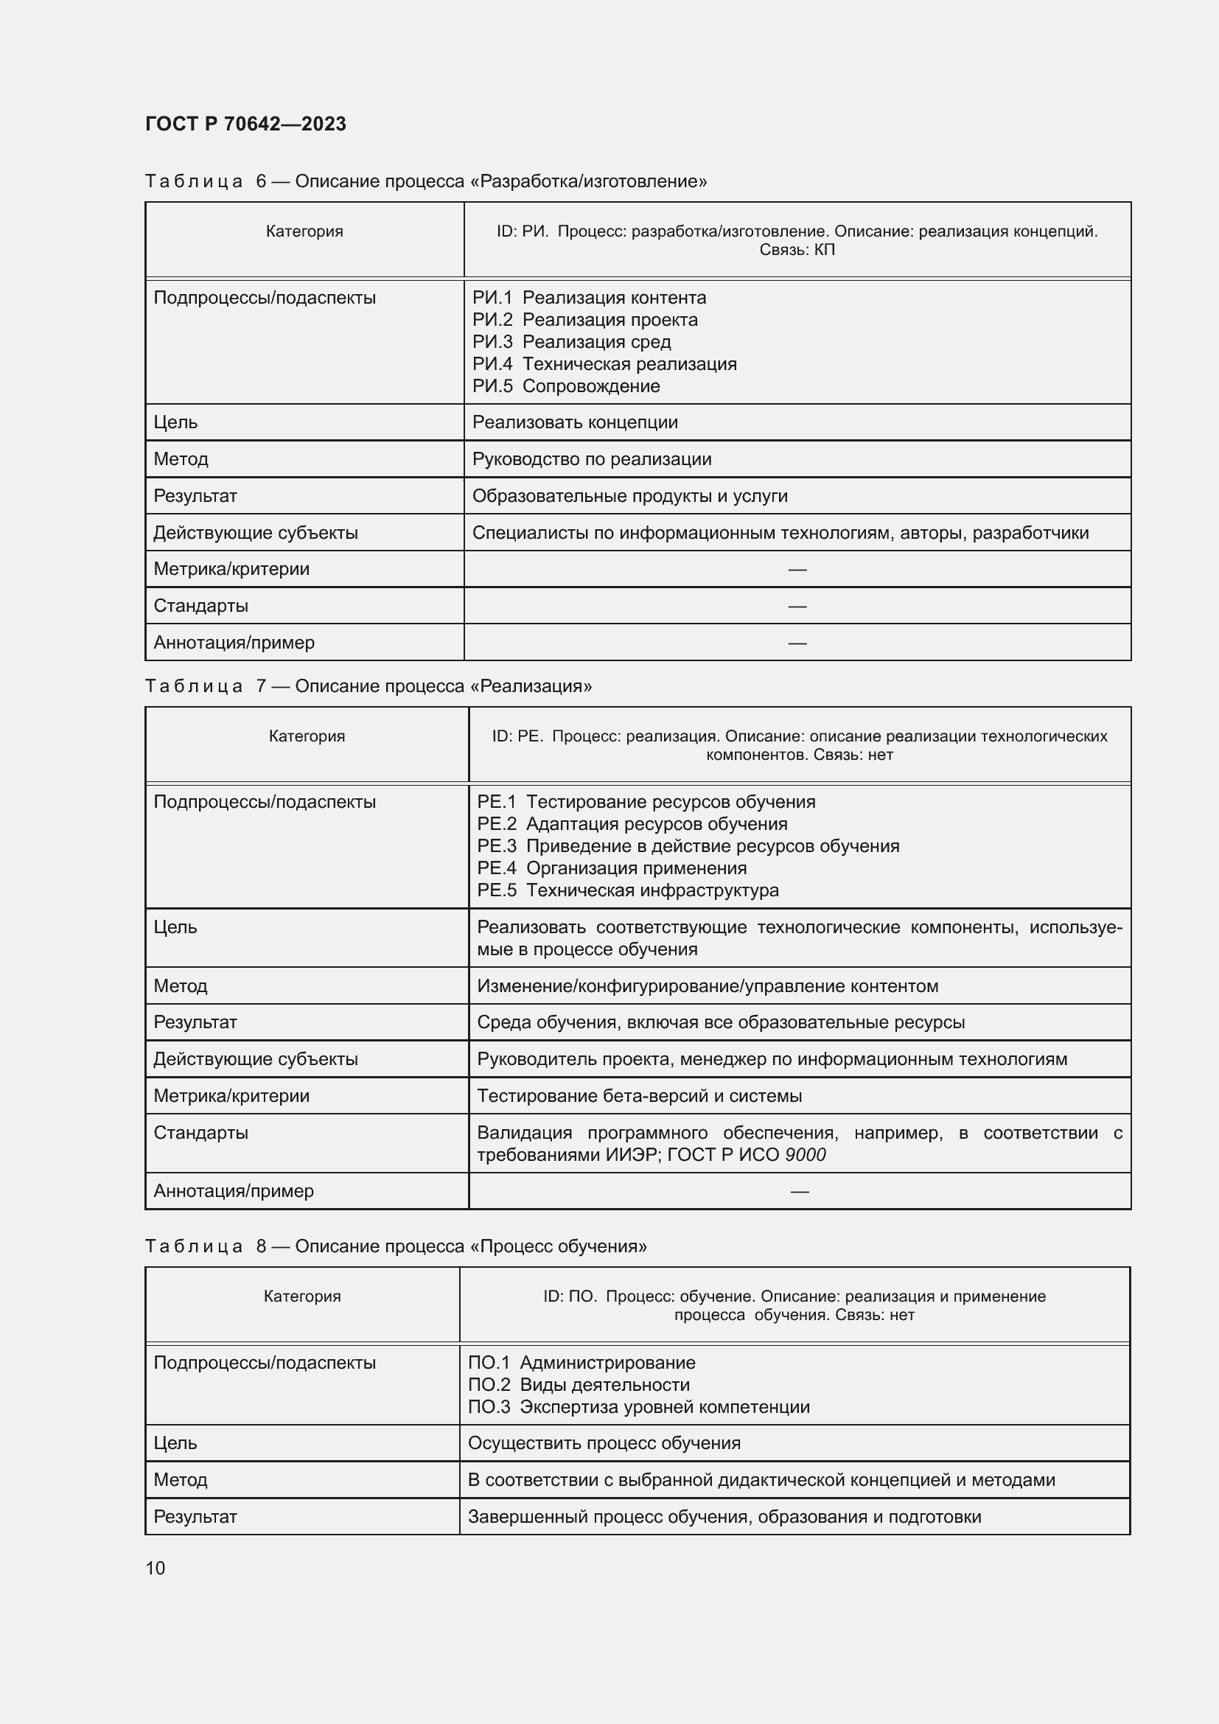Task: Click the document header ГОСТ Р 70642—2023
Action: click(245, 124)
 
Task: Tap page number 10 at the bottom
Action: click(156, 1568)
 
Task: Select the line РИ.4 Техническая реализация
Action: click(604, 364)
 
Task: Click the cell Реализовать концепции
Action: click(575, 422)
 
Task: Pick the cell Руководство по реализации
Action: click(592, 458)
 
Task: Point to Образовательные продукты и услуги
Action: click(629, 495)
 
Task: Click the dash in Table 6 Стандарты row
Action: click(797, 606)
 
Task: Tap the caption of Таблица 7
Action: click(368, 685)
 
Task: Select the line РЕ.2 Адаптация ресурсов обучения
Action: click(632, 824)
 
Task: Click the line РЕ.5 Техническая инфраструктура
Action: click(627, 890)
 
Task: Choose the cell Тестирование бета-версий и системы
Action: click(640, 1095)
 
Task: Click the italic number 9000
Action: click(805, 1155)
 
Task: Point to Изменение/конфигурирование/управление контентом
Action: click(707, 986)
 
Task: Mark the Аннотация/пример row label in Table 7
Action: click(234, 1191)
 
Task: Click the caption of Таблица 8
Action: click(396, 1246)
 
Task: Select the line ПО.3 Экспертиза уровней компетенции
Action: click(639, 1406)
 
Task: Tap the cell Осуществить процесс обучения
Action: click(604, 1442)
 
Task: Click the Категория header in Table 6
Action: click(304, 231)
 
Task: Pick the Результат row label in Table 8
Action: click(195, 1516)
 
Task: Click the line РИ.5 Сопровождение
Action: click(566, 386)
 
